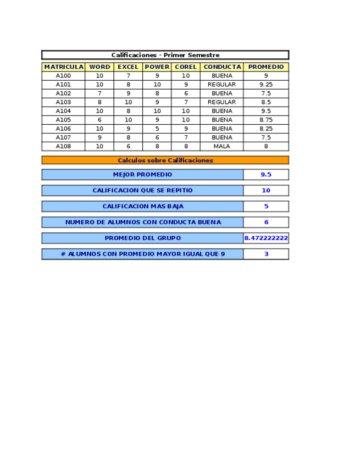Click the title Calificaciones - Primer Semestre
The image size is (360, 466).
165,55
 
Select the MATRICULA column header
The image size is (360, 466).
64,67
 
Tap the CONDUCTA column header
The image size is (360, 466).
222,67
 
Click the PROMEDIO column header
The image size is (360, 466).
266,67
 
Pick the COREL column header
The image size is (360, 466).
186,67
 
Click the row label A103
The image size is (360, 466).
64,102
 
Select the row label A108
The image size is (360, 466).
64,147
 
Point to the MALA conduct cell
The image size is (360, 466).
222,147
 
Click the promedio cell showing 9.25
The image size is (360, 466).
266,85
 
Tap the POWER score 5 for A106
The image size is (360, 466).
157,129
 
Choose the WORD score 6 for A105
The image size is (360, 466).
99,120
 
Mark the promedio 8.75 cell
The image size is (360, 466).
266,120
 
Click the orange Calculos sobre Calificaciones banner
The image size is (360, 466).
165,160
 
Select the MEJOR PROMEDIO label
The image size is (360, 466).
142,175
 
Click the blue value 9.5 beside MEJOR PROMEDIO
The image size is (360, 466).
266,175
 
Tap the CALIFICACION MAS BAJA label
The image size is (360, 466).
142,207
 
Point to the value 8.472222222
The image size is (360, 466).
266,238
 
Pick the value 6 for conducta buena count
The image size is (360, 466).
266,223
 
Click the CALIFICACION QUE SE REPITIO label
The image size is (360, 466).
142,191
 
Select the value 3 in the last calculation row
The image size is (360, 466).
266,254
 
